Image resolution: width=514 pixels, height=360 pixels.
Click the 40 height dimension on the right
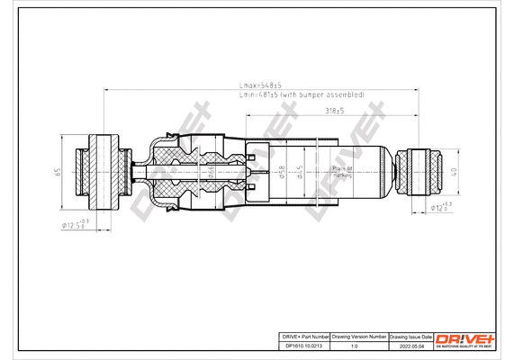click(456, 170)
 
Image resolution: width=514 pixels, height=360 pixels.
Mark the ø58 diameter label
click(282, 170)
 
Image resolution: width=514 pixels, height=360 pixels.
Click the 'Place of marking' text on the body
click(342, 171)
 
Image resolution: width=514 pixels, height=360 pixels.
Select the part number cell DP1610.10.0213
click(302, 345)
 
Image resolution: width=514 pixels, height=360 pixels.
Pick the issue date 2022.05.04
click(410, 345)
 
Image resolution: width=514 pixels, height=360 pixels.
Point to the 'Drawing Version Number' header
click(359, 335)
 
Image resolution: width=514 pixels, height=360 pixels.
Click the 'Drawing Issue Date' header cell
click(410, 335)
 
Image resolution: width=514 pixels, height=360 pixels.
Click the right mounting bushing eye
click(421, 170)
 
